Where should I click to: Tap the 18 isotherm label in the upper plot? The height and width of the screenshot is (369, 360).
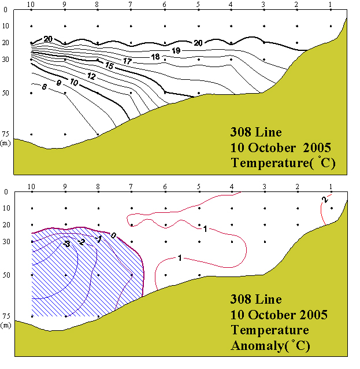click(x=155, y=57)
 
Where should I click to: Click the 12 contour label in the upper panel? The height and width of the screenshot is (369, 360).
click(x=91, y=76)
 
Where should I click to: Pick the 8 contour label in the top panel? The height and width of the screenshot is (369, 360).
click(x=44, y=87)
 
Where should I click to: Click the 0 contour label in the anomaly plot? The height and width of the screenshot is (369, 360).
click(x=113, y=235)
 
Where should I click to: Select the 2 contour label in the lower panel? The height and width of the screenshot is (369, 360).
click(x=325, y=200)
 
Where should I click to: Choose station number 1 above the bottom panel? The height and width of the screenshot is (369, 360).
click(x=331, y=187)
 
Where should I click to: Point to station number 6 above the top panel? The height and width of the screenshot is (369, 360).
click(x=165, y=5)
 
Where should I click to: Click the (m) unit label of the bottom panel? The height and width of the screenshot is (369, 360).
click(x=6, y=325)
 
